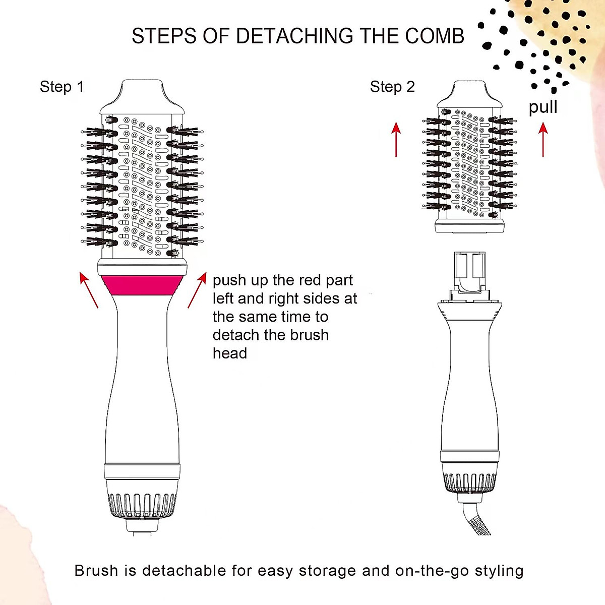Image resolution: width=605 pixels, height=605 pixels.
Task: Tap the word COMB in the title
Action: (435, 36)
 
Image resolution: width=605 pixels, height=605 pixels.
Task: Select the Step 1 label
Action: (62, 87)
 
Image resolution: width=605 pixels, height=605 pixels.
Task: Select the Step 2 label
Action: (392, 87)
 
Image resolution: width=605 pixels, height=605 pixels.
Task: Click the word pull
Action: (543, 107)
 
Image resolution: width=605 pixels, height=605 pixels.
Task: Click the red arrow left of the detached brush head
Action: (396, 139)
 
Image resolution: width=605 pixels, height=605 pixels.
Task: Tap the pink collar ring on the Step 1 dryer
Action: (142, 284)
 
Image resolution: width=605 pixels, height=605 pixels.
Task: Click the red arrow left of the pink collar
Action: (89, 290)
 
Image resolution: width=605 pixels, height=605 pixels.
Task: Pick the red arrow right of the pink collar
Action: (197, 290)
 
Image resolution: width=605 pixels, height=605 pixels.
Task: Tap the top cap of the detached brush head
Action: (469, 95)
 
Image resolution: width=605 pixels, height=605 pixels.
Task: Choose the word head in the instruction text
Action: (230, 353)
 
